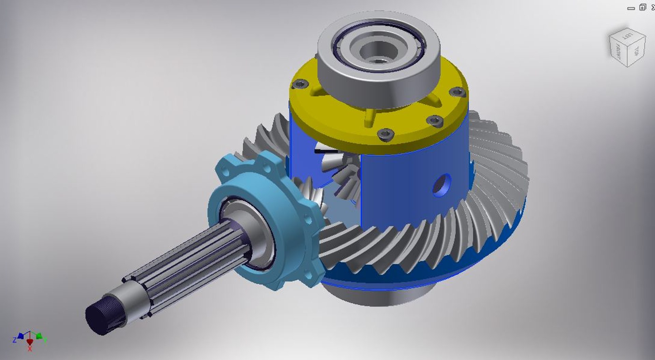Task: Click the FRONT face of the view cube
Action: point(618,51)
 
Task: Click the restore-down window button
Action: point(643,7)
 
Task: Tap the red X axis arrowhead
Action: point(30,342)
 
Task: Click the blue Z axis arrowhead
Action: point(20,336)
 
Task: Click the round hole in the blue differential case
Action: point(442,185)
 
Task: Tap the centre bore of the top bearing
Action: point(378,51)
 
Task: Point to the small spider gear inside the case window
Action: point(345,177)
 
